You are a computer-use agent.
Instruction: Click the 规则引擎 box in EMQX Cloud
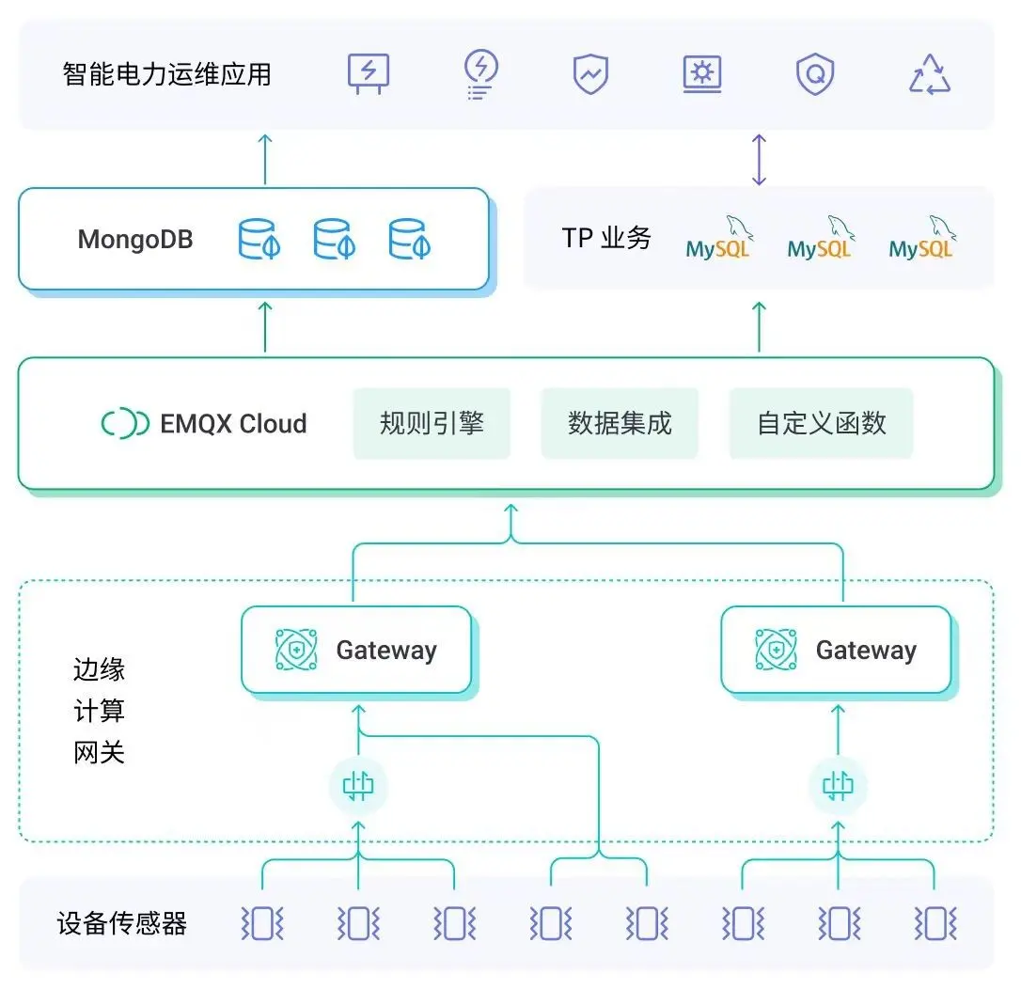point(432,423)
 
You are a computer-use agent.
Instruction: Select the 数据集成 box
point(620,423)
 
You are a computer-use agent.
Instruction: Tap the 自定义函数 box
point(821,423)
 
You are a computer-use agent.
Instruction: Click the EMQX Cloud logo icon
point(125,424)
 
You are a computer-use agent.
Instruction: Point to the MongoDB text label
point(135,239)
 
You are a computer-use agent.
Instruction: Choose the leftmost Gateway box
point(356,650)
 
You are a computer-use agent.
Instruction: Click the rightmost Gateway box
point(836,650)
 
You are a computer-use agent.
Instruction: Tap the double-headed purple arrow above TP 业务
point(759,159)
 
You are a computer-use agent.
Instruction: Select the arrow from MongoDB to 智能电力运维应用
point(265,159)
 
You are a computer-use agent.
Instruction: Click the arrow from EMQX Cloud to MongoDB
point(265,326)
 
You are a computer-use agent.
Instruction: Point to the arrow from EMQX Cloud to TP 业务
point(760,326)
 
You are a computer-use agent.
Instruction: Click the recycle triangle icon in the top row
point(930,74)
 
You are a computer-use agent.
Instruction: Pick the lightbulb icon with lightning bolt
point(481,73)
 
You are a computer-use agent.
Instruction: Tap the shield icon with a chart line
point(591,74)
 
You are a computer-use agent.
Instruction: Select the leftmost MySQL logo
point(718,240)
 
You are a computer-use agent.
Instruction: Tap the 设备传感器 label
point(122,924)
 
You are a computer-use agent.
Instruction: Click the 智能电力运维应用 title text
point(167,74)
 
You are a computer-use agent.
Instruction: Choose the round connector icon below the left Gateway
point(358,786)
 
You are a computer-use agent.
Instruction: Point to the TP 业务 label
point(606,238)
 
